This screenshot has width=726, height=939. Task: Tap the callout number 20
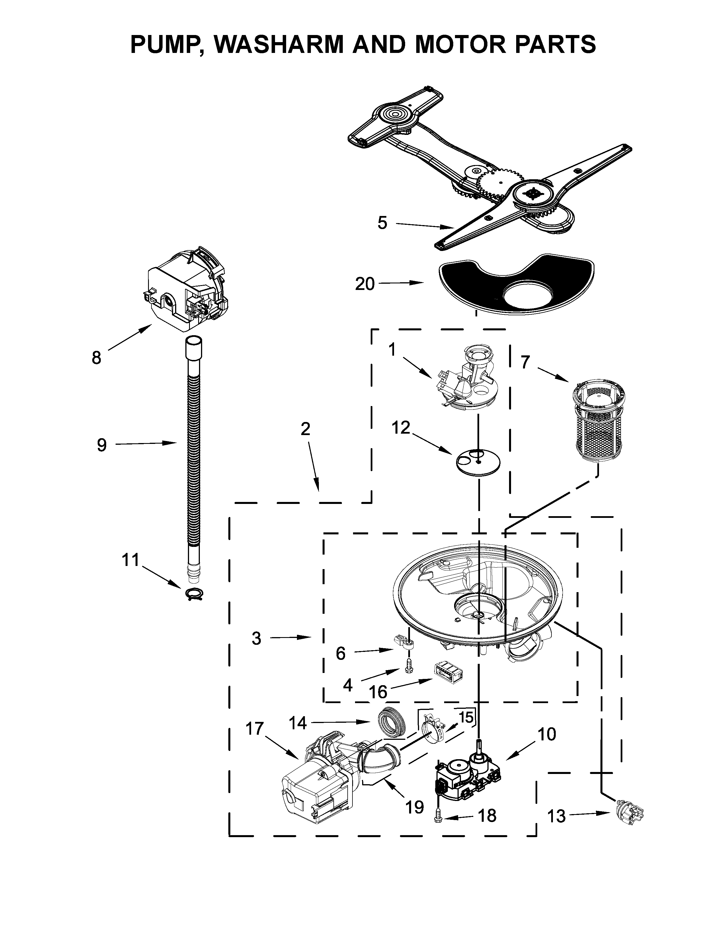(365, 284)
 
